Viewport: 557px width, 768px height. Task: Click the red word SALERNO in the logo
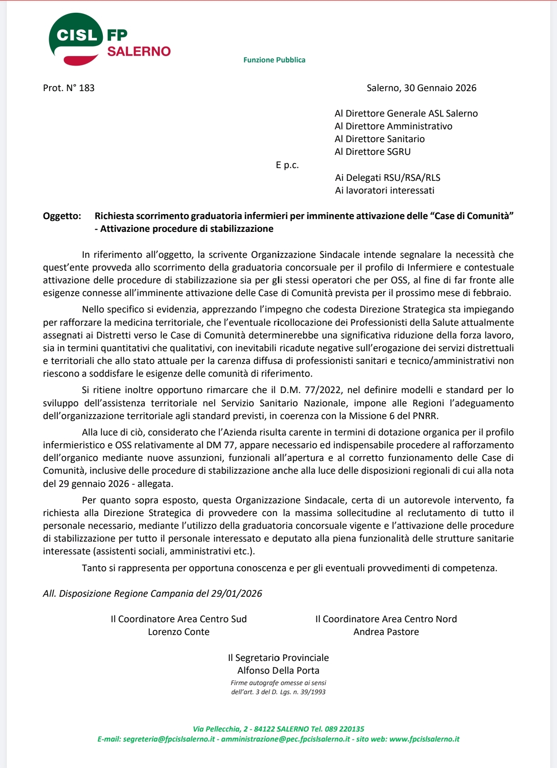[139, 51]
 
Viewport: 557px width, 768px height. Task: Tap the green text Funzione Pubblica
[274, 60]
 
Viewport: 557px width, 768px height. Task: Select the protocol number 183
[86, 88]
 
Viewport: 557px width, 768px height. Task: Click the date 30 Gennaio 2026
[440, 88]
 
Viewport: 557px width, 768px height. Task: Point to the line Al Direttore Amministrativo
[393, 126]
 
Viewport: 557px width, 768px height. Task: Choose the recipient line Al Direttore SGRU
[372, 152]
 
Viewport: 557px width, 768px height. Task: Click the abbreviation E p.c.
[287, 165]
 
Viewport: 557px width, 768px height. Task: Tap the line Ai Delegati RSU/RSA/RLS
[387, 178]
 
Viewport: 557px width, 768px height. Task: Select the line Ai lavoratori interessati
[385, 190]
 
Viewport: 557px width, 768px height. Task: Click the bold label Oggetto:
[62, 216]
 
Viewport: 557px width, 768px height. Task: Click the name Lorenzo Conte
[179, 632]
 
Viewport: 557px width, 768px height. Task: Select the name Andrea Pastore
[386, 632]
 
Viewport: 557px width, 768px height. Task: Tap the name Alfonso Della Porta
[278, 671]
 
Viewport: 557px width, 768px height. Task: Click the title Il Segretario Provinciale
[278, 658]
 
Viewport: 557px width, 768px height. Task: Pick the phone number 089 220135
[346, 729]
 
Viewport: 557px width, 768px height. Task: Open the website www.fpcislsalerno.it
[424, 739]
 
